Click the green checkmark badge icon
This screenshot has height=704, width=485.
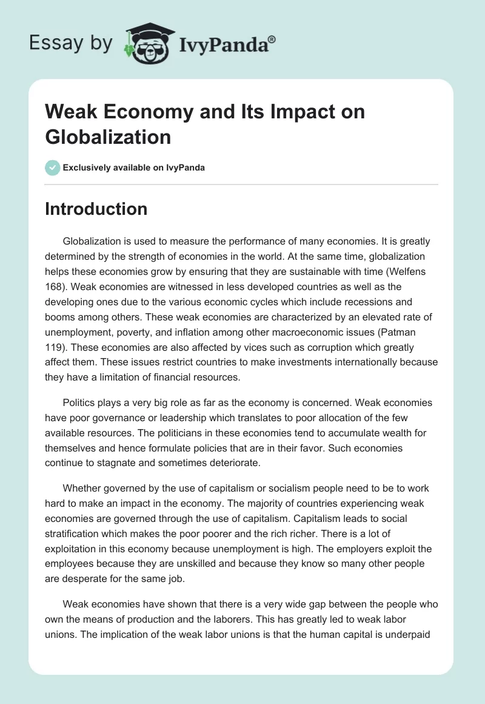(53, 168)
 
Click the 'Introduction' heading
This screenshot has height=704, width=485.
(96, 209)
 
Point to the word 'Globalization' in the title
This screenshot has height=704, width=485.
(108, 136)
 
